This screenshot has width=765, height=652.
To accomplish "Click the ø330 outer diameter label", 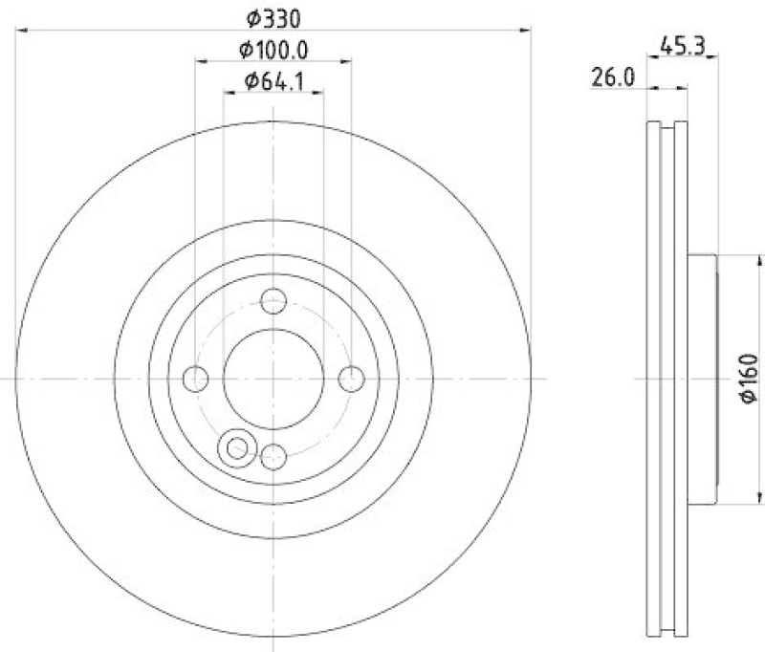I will (273, 16).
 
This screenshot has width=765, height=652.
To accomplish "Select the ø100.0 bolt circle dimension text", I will (273, 49).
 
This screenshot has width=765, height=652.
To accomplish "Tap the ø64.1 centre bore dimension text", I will (273, 81).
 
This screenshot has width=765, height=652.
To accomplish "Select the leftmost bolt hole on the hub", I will (196, 380).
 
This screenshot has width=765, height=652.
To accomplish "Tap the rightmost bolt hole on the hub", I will (352, 380).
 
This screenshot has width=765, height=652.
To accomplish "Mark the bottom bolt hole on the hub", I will (274, 457).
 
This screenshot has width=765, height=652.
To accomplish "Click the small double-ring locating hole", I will (235, 446).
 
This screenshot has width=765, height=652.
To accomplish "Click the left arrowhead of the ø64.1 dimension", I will (228, 94).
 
